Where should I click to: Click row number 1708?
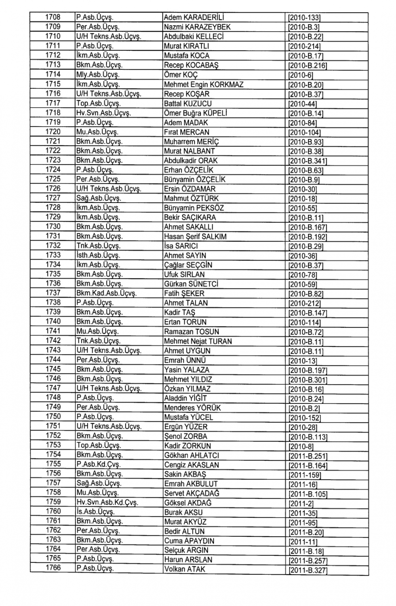coord(53,17)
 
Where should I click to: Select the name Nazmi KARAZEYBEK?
coord(197,27)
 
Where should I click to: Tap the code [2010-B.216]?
coord(307,65)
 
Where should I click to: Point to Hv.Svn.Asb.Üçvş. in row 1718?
coord(103,113)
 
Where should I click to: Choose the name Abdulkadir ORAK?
coord(190,161)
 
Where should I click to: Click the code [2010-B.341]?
coord(307,161)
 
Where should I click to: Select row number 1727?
coord(53,198)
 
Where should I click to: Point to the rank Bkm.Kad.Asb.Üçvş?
coord(106,294)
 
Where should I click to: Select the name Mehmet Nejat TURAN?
coord(198,341)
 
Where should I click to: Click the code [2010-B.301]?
coord(307,380)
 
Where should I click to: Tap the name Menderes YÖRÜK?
coord(192,408)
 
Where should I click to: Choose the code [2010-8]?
coord(301,446)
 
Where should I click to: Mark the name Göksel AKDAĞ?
coord(188,503)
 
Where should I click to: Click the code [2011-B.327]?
coord(308,570)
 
